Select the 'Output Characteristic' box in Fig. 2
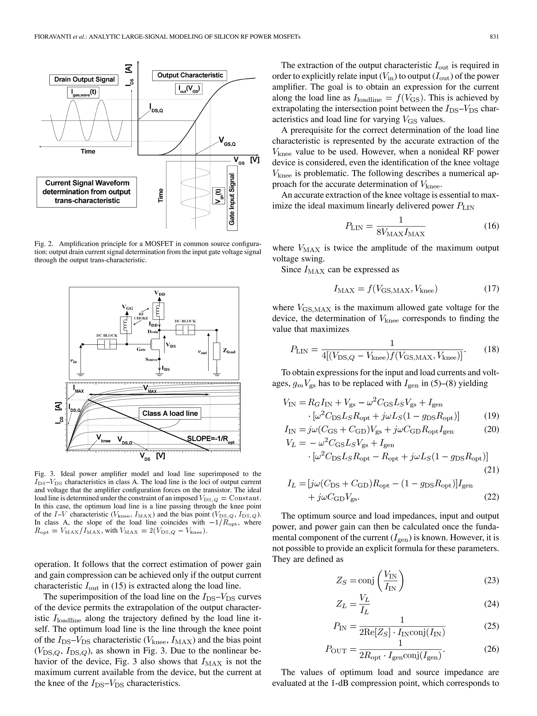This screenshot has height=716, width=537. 190,76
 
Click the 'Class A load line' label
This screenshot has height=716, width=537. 170,413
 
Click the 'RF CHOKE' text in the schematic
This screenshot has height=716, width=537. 141,316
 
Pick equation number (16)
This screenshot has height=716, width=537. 491,226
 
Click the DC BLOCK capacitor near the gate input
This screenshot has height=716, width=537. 107,345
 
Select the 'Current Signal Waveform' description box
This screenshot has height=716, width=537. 87,192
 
